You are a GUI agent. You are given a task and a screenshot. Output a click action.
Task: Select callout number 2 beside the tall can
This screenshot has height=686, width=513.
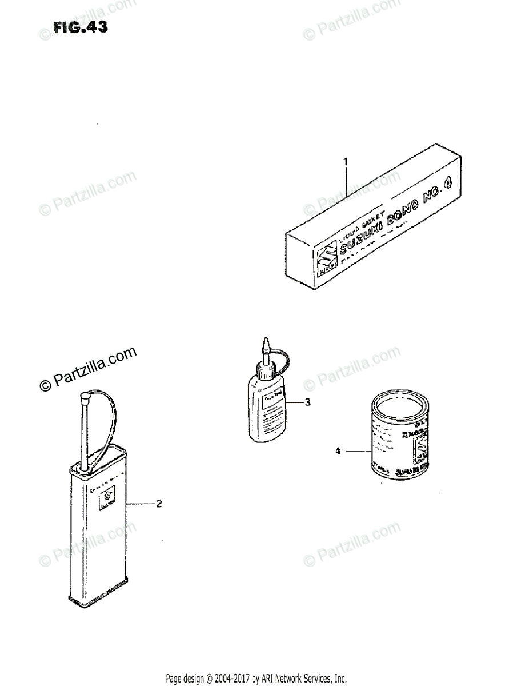click(159, 504)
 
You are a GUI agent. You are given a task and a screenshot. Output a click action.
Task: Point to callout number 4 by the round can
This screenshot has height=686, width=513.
click(338, 452)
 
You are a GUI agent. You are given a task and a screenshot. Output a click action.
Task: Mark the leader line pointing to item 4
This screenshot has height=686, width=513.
click(359, 452)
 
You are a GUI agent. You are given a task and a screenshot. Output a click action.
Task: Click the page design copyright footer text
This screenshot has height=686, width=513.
click(256, 679)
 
